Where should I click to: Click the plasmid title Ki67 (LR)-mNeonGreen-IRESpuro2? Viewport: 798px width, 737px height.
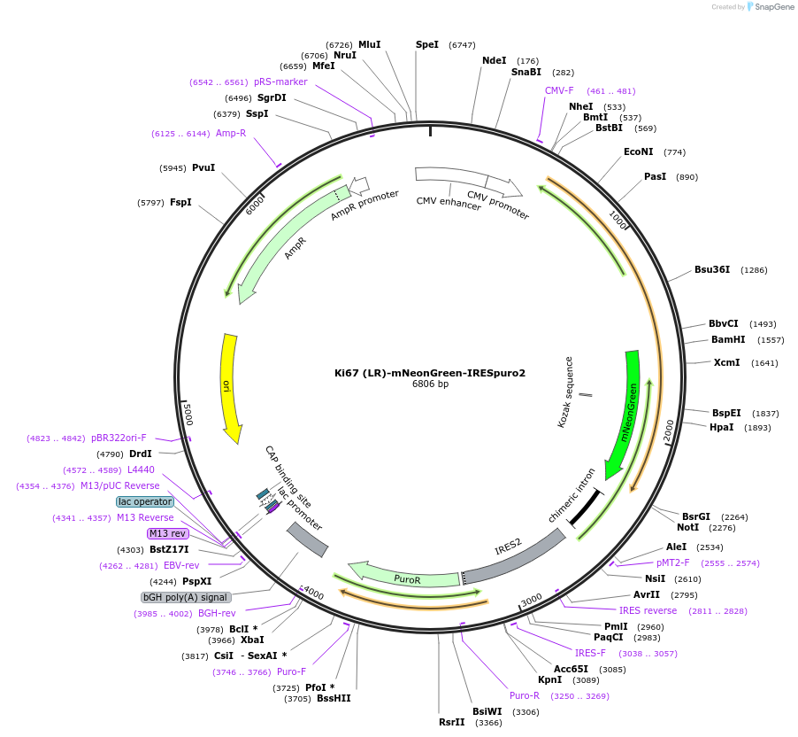click(x=430, y=373)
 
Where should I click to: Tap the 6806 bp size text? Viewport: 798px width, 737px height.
click(x=430, y=384)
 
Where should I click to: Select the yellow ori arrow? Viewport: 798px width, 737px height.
click(x=230, y=386)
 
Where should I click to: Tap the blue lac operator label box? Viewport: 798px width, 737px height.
click(x=145, y=501)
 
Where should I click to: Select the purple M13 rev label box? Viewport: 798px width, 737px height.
click(x=167, y=533)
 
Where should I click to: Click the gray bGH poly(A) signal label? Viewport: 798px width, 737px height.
click(x=186, y=597)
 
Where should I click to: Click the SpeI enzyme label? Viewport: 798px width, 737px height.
click(x=427, y=44)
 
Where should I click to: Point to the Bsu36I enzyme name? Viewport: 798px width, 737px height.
click(x=712, y=269)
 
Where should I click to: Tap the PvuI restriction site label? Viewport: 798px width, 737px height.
click(x=203, y=167)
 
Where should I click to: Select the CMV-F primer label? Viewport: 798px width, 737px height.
click(x=559, y=90)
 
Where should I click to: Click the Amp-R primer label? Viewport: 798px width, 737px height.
click(x=231, y=134)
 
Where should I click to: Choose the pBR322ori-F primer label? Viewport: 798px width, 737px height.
click(x=119, y=438)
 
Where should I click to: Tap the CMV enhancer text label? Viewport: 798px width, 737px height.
click(x=449, y=204)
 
